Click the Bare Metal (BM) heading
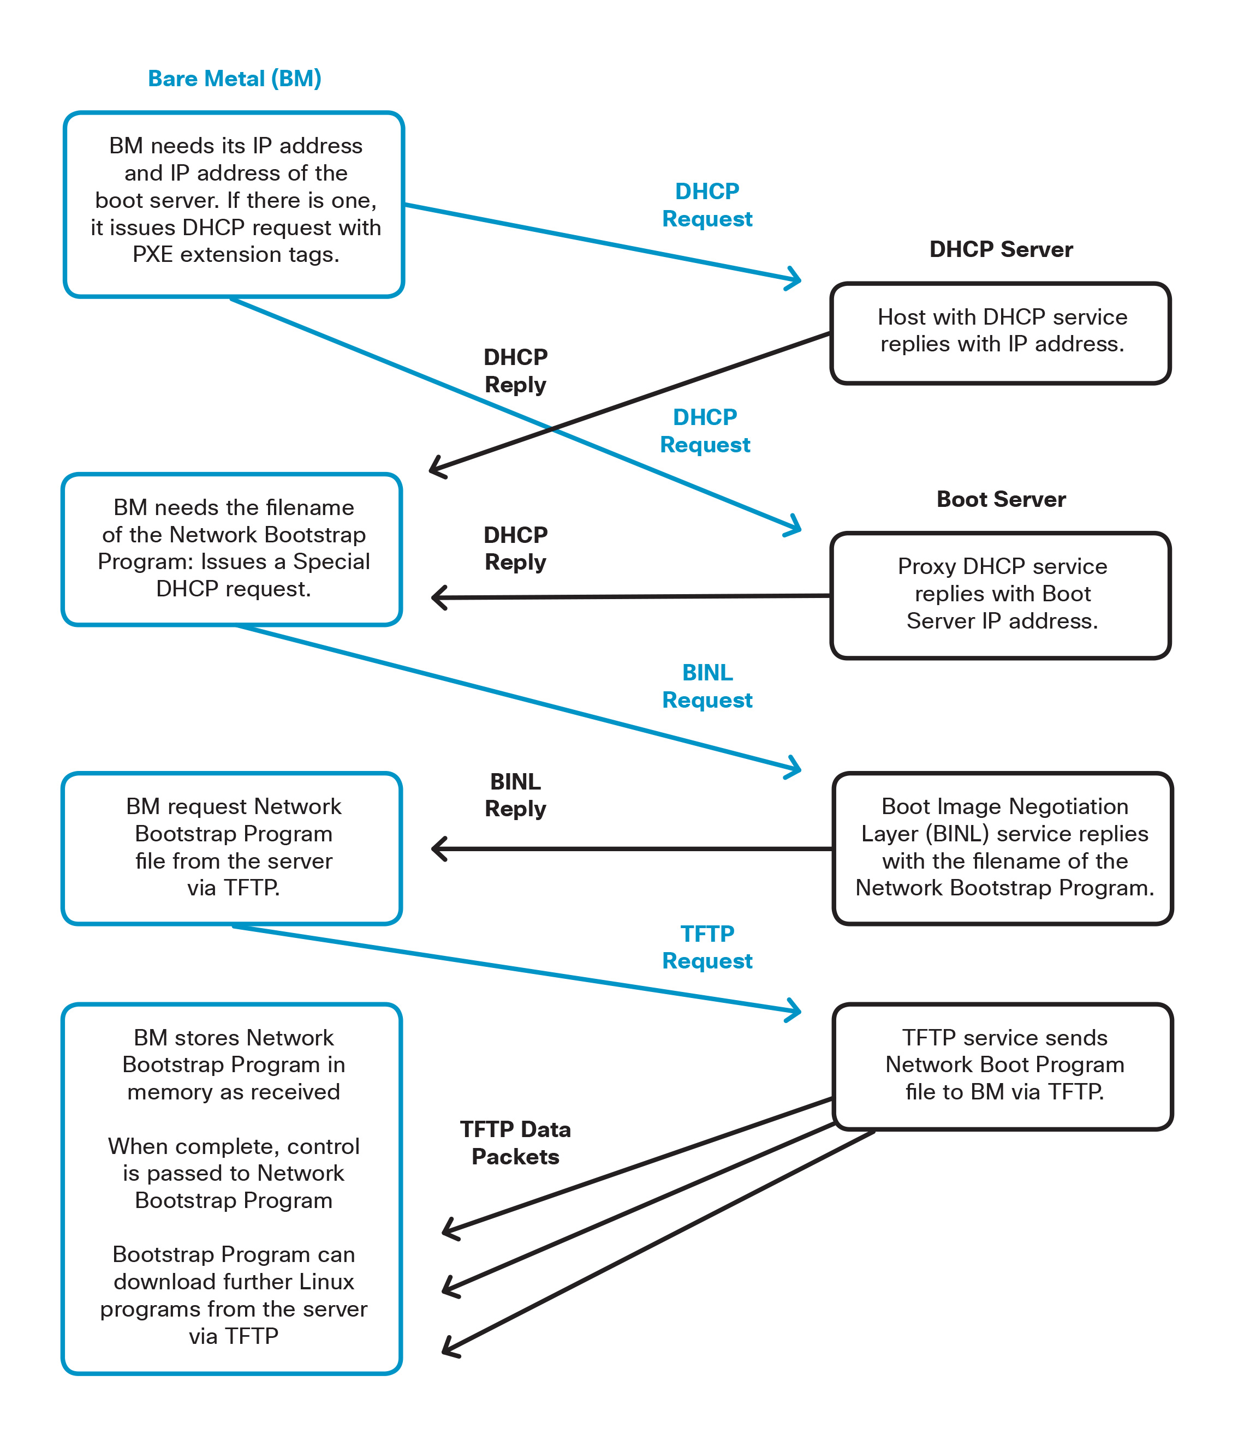pyautogui.click(x=234, y=78)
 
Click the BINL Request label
pyautogui.click(x=706, y=686)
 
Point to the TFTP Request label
pyautogui.click(x=706, y=947)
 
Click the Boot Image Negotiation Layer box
pyautogui.click(x=1003, y=848)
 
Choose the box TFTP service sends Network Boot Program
pyautogui.click(x=1003, y=1066)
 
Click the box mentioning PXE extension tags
pyautogui.click(x=234, y=204)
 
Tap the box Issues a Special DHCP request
pyautogui.click(x=232, y=549)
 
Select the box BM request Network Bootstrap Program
pyautogui.click(x=232, y=848)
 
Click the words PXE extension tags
pyautogui.click(x=235, y=255)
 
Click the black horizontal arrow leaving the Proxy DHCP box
pyautogui.click(x=629, y=596)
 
